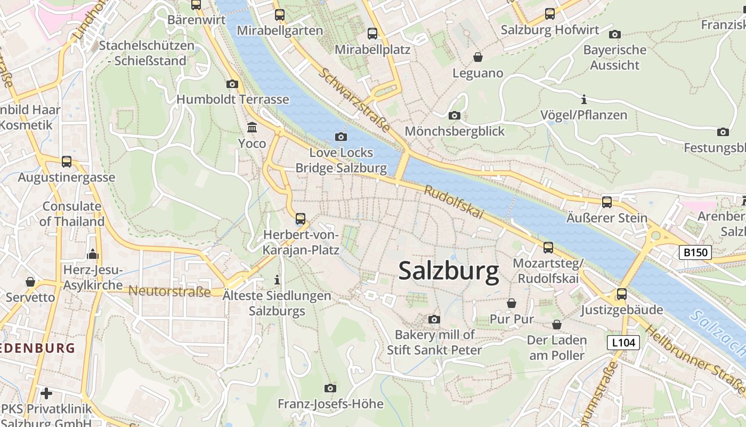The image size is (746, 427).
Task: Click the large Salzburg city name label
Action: coord(449,271)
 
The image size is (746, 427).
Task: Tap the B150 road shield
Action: coord(695,252)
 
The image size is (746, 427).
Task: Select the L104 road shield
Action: coord(623,342)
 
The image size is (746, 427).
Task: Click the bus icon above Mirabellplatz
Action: coord(372,34)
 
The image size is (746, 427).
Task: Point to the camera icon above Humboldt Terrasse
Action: coord(232,84)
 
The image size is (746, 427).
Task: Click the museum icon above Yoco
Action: coord(252,128)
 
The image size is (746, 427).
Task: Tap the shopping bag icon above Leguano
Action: coord(478,57)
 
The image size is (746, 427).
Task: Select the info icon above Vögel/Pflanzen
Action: coord(584,99)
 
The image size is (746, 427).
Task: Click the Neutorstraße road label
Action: coord(170,291)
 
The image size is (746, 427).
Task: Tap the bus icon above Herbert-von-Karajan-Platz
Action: coord(301,219)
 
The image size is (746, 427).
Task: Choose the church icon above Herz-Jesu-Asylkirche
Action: coord(93,254)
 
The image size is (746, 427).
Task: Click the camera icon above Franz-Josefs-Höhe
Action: coord(330,388)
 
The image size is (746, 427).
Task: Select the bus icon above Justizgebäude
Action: coord(621,294)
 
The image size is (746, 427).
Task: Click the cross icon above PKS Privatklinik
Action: coord(46,394)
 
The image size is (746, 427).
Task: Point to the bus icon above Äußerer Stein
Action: coord(606,202)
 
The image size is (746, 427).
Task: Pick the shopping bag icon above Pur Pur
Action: coord(512,303)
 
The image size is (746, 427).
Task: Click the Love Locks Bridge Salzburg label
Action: coord(341,160)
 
